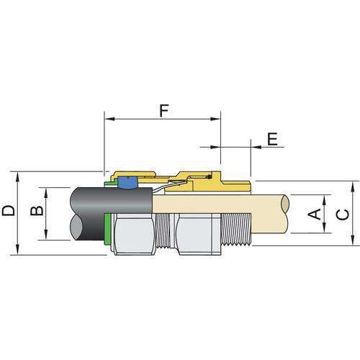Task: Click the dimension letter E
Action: pyautogui.click(x=272, y=140)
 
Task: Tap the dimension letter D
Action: pyautogui.click(x=9, y=211)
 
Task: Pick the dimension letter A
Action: pyautogui.click(x=313, y=213)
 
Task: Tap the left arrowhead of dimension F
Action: pyautogui.click(x=108, y=116)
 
